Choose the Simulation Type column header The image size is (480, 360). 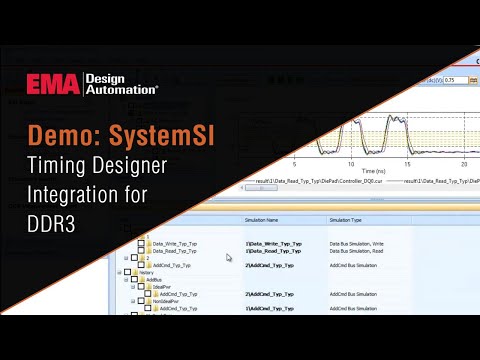coord(351,220)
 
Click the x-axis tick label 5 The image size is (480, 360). coord(293,161)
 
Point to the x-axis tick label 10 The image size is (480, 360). coord(349,161)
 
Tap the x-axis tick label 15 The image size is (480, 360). coord(406,161)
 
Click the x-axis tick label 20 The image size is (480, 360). coord(463,161)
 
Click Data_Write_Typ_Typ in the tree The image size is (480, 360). coord(175,242)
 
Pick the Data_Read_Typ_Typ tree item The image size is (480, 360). coord(175,250)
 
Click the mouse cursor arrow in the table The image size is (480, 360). coord(229,257)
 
